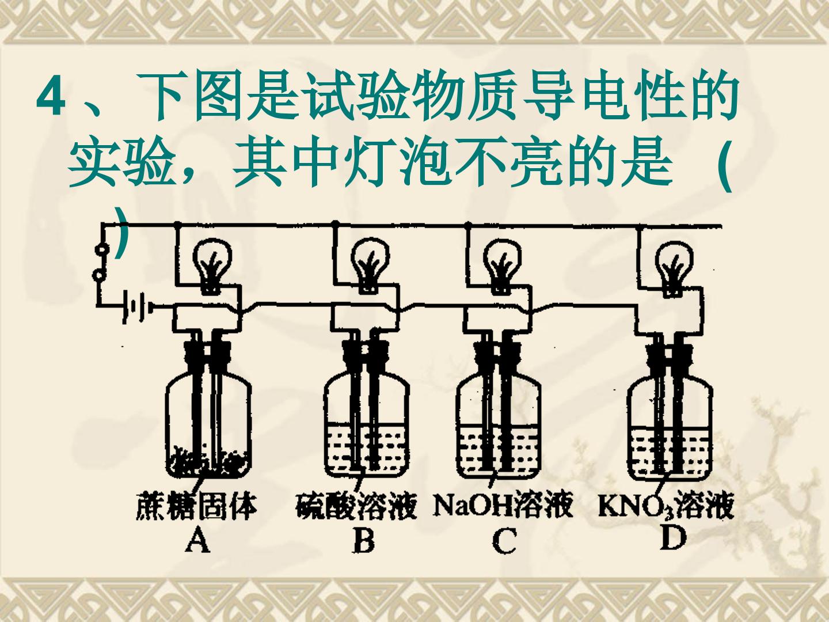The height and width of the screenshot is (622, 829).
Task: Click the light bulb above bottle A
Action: (x=212, y=266)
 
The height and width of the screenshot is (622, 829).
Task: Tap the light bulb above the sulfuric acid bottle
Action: (x=370, y=266)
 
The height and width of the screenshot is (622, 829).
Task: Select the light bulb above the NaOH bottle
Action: (x=502, y=266)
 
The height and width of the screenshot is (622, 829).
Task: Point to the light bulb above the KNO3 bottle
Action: (x=674, y=269)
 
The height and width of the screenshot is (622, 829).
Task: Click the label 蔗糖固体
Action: (x=196, y=506)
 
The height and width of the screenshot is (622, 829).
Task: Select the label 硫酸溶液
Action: (x=356, y=506)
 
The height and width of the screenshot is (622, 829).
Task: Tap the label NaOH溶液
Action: (x=503, y=505)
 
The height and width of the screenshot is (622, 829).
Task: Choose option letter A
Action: (x=197, y=540)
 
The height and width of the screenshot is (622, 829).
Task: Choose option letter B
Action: (x=364, y=540)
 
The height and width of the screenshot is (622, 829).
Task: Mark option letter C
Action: (x=504, y=540)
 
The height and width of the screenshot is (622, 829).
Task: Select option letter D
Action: (x=674, y=537)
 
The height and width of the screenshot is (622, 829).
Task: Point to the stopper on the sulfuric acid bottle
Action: (x=364, y=353)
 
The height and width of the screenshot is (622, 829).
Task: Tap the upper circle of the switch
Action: (x=101, y=249)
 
